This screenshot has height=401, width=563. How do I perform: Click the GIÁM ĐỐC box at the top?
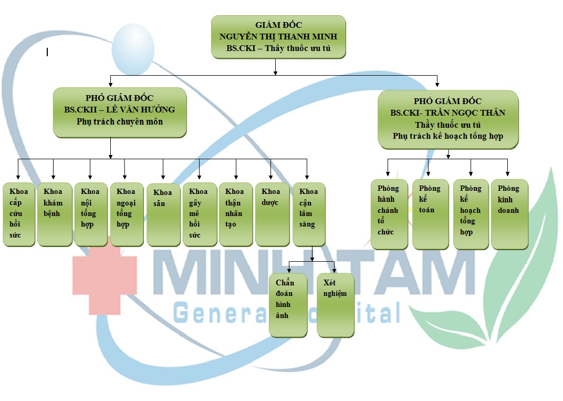point(278,37)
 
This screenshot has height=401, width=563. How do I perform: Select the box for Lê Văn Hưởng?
point(120,112)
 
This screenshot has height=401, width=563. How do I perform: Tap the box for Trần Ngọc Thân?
point(448,119)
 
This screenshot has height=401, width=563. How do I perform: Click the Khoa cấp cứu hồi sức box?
point(19,214)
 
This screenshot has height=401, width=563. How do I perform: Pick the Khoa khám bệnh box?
point(55,214)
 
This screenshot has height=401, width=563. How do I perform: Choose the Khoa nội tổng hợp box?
point(91,214)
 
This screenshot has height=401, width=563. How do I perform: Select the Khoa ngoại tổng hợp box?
point(127,214)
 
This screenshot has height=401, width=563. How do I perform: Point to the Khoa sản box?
point(163,214)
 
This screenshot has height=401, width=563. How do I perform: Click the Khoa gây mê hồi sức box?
point(200,214)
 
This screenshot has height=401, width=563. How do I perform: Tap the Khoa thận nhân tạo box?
point(236,214)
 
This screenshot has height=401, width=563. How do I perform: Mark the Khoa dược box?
point(272,214)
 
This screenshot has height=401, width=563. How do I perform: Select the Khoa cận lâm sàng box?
point(309,214)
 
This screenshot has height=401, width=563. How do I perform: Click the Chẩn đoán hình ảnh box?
point(288,305)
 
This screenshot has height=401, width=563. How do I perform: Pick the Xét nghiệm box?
point(335,305)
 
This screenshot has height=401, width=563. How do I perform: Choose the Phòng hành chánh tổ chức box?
point(389,214)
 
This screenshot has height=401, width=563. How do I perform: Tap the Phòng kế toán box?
point(430,214)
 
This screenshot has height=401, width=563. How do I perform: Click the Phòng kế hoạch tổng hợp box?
point(471,214)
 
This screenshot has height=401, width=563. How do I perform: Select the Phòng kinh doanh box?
point(509,214)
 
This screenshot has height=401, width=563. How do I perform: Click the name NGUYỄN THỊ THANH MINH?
point(278,37)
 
